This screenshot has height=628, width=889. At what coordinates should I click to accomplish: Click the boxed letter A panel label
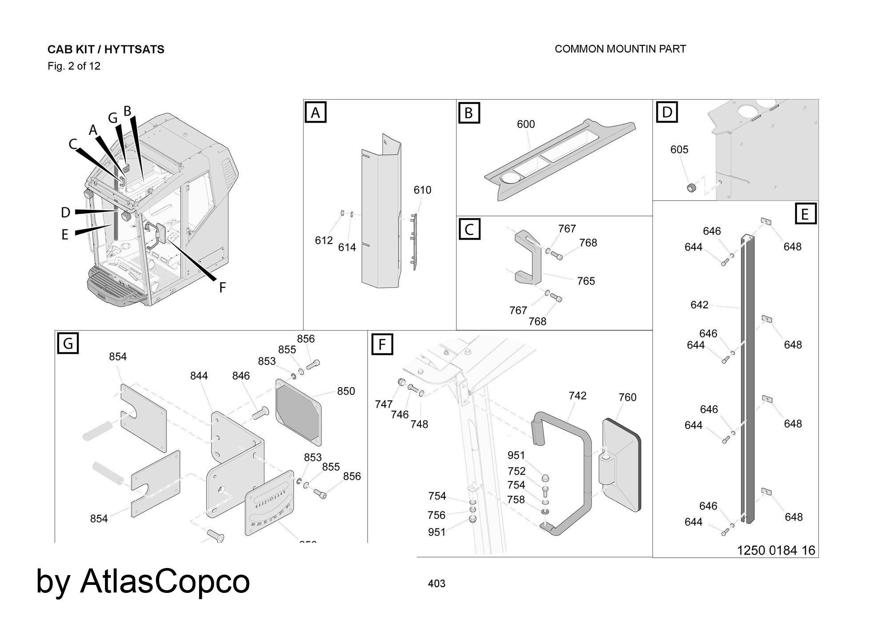click(315, 112)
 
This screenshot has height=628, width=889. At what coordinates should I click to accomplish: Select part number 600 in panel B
click(525, 124)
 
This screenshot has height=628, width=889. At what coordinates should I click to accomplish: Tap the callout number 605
click(679, 150)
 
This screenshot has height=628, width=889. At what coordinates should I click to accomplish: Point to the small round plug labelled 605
click(691, 188)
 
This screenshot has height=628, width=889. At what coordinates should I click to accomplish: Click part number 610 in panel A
click(422, 190)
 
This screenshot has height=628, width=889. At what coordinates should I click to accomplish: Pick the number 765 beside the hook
click(585, 281)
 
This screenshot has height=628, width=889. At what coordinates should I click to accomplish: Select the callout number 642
click(699, 305)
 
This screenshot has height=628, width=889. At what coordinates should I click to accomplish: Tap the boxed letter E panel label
click(805, 214)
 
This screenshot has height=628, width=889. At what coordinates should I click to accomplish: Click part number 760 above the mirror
click(627, 397)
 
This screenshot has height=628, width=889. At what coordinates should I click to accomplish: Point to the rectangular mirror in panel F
click(621, 464)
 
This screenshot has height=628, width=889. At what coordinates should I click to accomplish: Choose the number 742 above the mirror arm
click(577, 396)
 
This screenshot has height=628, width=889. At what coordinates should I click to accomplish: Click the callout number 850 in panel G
click(345, 392)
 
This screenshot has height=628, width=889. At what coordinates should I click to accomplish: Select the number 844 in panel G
click(199, 376)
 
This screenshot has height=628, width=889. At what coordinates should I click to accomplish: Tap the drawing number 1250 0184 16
click(776, 551)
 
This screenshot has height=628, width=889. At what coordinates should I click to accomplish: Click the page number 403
click(436, 584)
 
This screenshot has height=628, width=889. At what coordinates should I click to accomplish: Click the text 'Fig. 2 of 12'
click(74, 66)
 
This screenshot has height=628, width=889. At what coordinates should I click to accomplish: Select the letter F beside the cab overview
click(222, 288)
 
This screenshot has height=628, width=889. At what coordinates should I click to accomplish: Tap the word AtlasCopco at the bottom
click(165, 581)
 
